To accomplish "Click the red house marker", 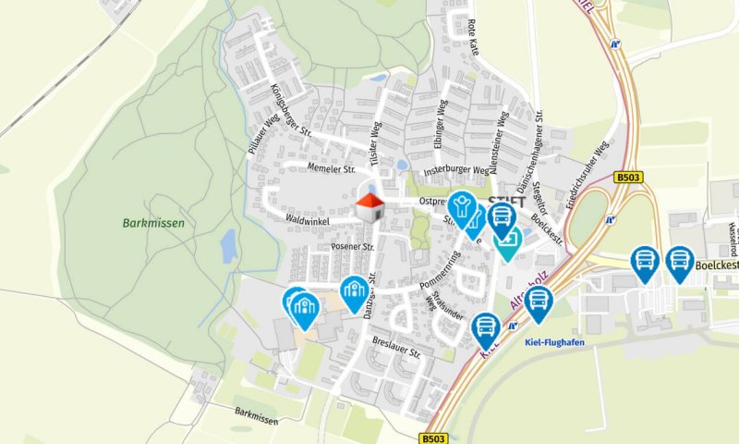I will [370, 206].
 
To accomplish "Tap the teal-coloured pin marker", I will [507, 240].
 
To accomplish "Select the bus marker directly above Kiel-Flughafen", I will [538, 302].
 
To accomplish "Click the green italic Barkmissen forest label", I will [153, 223].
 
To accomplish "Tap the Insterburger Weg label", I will [455, 171].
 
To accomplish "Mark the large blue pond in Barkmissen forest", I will [228, 246].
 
